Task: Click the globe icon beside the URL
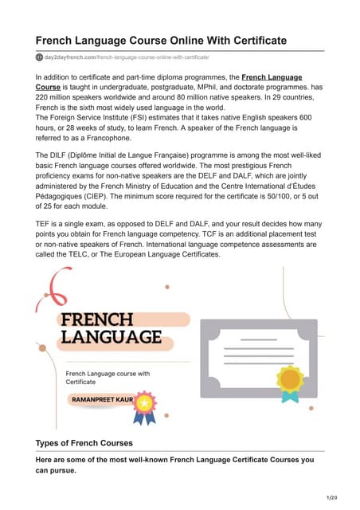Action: pyautogui.click(x=40, y=57)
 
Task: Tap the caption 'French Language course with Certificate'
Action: pyautogui.click(x=107, y=377)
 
